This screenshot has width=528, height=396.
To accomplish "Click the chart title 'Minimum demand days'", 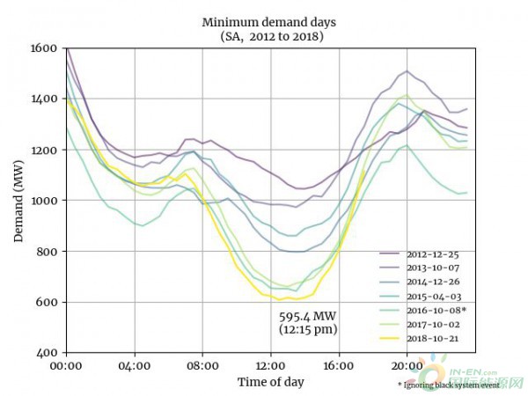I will [x=270, y=21].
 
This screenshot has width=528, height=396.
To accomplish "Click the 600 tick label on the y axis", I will [x=45, y=302].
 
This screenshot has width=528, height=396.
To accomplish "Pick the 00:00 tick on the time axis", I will [x=66, y=364].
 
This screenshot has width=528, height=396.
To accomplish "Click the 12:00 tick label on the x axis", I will [x=270, y=364].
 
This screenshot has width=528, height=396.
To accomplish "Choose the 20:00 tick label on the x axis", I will [x=406, y=364].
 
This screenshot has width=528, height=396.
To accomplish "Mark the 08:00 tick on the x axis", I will [x=202, y=364].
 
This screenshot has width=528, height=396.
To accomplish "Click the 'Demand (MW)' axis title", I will [x=18, y=201].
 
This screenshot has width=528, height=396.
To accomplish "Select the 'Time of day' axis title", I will [x=270, y=382].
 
